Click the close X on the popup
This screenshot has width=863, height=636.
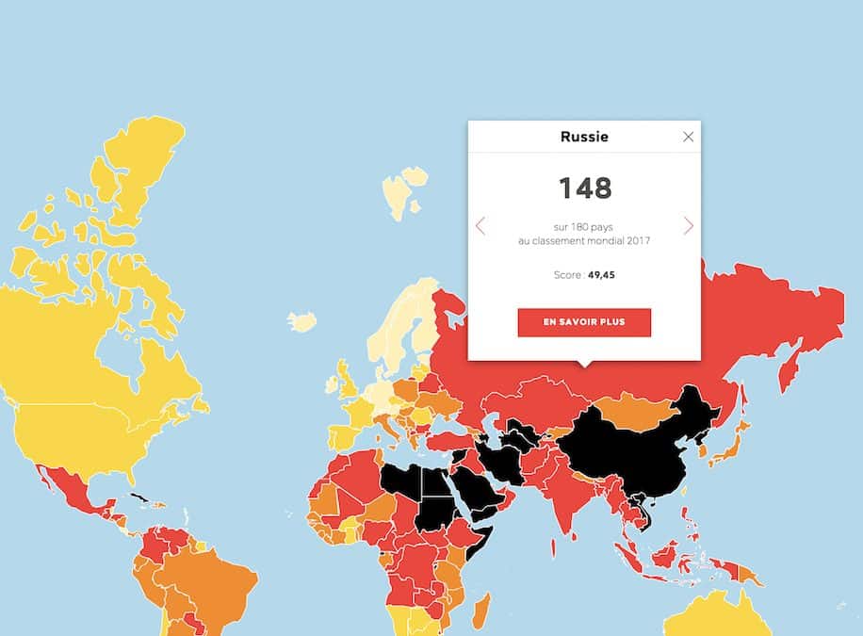pyautogui.click(x=688, y=137)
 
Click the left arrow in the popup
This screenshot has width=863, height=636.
pyautogui.click(x=480, y=226)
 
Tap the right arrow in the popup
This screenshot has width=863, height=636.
pyautogui.click(x=689, y=226)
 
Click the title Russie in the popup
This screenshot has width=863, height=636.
pyautogui.click(x=584, y=137)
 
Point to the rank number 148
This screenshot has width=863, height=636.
pyautogui.click(x=584, y=188)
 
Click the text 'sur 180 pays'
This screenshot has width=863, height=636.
pyautogui.click(x=584, y=226)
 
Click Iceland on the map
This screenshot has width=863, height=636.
pyautogui.click(x=302, y=322)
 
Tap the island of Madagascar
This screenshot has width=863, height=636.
pyautogui.click(x=480, y=608)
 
